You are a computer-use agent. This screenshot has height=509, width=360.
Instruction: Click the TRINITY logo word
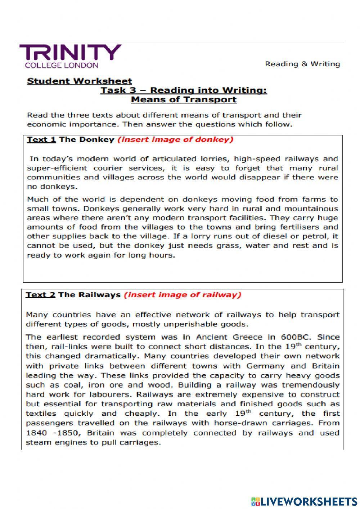tap(70, 53)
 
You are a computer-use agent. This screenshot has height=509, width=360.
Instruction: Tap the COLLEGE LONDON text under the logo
tap(61, 65)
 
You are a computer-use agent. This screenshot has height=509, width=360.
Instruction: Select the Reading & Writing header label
tap(302, 64)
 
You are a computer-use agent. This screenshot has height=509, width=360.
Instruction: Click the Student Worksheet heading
tap(80, 81)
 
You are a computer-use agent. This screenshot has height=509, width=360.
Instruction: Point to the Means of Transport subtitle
tap(184, 99)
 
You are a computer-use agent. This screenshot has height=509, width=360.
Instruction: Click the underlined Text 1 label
tap(41, 140)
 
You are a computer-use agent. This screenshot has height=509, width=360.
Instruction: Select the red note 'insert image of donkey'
tap(176, 140)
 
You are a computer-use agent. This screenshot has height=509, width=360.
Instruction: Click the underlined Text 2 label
tap(40, 295)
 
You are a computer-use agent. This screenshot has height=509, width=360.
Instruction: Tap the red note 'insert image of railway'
tap(182, 295)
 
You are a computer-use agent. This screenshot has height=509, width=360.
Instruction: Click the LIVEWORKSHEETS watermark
tap(304, 501)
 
